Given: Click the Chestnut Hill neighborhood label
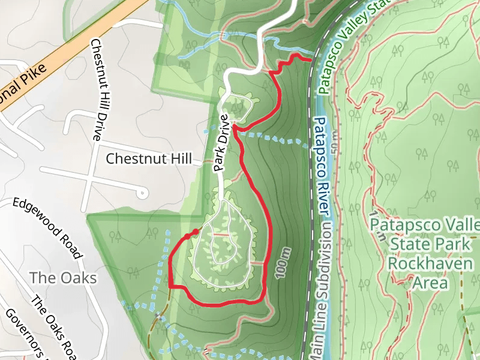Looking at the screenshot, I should [x=149, y=159].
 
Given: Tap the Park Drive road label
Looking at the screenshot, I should [x=222, y=142].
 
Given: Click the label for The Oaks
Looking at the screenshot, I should [x=63, y=278].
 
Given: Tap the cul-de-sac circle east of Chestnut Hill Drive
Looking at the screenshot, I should [x=142, y=193].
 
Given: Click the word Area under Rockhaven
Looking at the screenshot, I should [x=431, y=282].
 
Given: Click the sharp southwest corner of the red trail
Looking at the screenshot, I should [x=172, y=286].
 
